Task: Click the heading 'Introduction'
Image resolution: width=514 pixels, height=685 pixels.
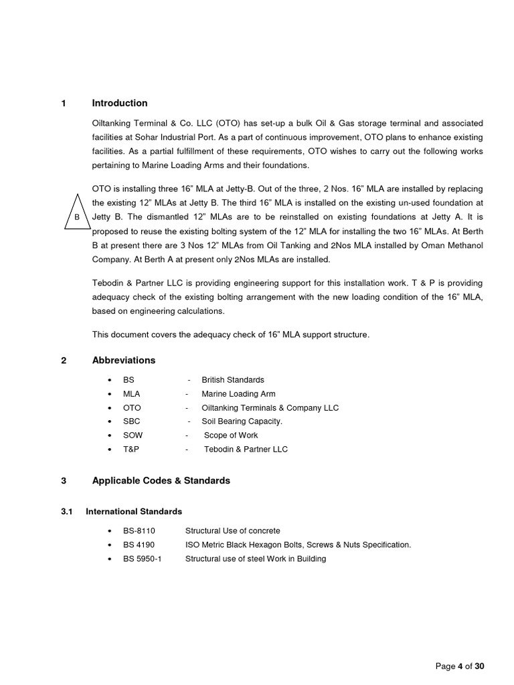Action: click(x=120, y=103)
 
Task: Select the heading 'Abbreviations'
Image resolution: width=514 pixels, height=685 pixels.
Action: click(x=124, y=361)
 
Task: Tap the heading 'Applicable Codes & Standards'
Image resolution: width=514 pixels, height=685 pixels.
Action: click(x=161, y=481)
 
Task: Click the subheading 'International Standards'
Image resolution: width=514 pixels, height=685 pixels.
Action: click(x=134, y=512)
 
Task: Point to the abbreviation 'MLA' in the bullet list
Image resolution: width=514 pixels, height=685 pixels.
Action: click(x=132, y=394)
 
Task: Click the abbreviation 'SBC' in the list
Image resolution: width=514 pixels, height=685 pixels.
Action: click(x=132, y=421)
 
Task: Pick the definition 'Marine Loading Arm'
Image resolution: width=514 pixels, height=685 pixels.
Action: click(x=238, y=394)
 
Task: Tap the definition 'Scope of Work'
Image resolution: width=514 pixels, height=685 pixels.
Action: click(x=231, y=435)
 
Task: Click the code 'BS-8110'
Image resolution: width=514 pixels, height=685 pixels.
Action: click(x=139, y=531)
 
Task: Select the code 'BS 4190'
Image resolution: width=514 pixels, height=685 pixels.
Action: click(x=139, y=545)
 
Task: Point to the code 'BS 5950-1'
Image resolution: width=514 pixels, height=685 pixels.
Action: click(x=143, y=559)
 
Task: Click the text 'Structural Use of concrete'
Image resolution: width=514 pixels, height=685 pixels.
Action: click(x=233, y=531)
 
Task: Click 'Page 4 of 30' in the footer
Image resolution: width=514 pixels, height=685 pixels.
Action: click(x=459, y=666)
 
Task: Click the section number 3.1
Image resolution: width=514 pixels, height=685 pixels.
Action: click(x=66, y=512)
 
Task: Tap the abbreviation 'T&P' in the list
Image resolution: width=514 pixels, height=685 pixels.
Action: click(x=131, y=450)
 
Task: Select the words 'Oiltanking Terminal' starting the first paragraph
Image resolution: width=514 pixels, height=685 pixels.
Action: click(x=131, y=124)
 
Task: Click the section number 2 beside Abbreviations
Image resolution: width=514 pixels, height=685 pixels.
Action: click(x=64, y=361)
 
